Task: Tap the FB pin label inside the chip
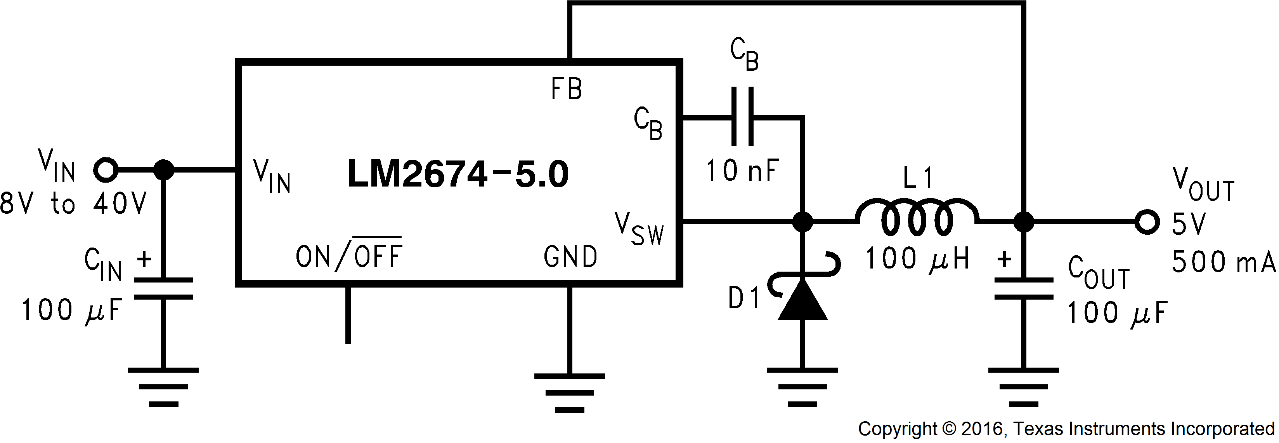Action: (567, 89)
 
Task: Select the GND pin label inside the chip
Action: (570, 257)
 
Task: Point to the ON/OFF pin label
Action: (348, 256)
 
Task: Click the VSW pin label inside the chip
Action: (639, 229)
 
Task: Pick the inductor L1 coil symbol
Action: (917, 218)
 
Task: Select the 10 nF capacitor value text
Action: (742, 171)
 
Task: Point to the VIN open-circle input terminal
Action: (105, 170)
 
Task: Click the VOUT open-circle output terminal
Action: (1147, 222)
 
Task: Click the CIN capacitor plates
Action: (163, 289)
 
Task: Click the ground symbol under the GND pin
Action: (570, 393)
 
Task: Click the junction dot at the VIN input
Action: (163, 170)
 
